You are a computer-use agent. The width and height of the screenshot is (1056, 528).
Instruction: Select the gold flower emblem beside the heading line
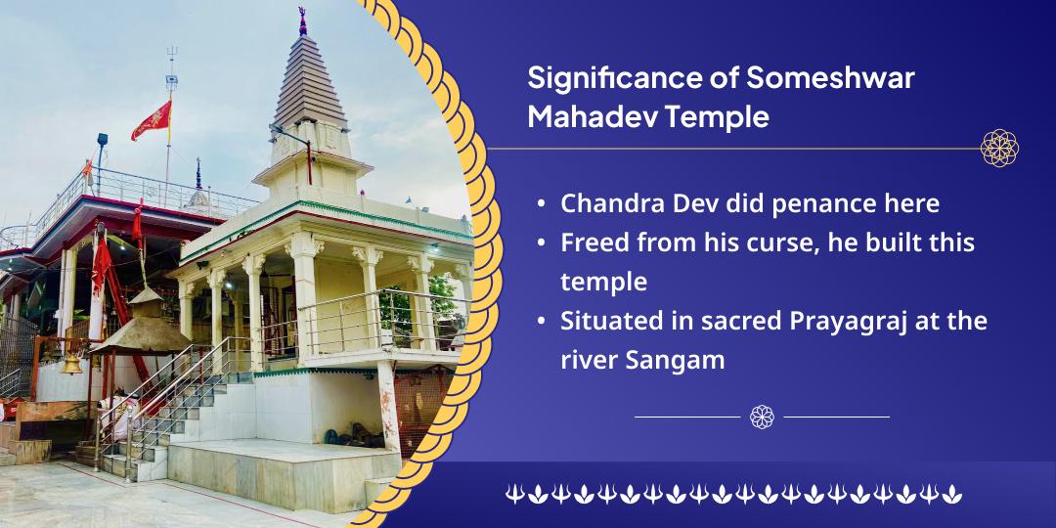pyautogui.click(x=998, y=149)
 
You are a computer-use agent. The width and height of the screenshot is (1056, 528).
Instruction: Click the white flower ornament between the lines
pyautogui.click(x=762, y=417)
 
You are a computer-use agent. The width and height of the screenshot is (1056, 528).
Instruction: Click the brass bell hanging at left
pyautogui.click(x=71, y=365)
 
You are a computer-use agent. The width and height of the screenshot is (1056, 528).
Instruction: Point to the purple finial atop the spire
pyautogui.click(x=302, y=22)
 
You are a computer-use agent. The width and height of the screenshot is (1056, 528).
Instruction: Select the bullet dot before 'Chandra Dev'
pyautogui.click(x=542, y=203)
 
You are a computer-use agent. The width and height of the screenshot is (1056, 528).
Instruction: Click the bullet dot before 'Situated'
pyautogui.click(x=542, y=322)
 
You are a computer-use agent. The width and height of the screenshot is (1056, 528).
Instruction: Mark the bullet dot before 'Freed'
pyautogui.click(x=542, y=243)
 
